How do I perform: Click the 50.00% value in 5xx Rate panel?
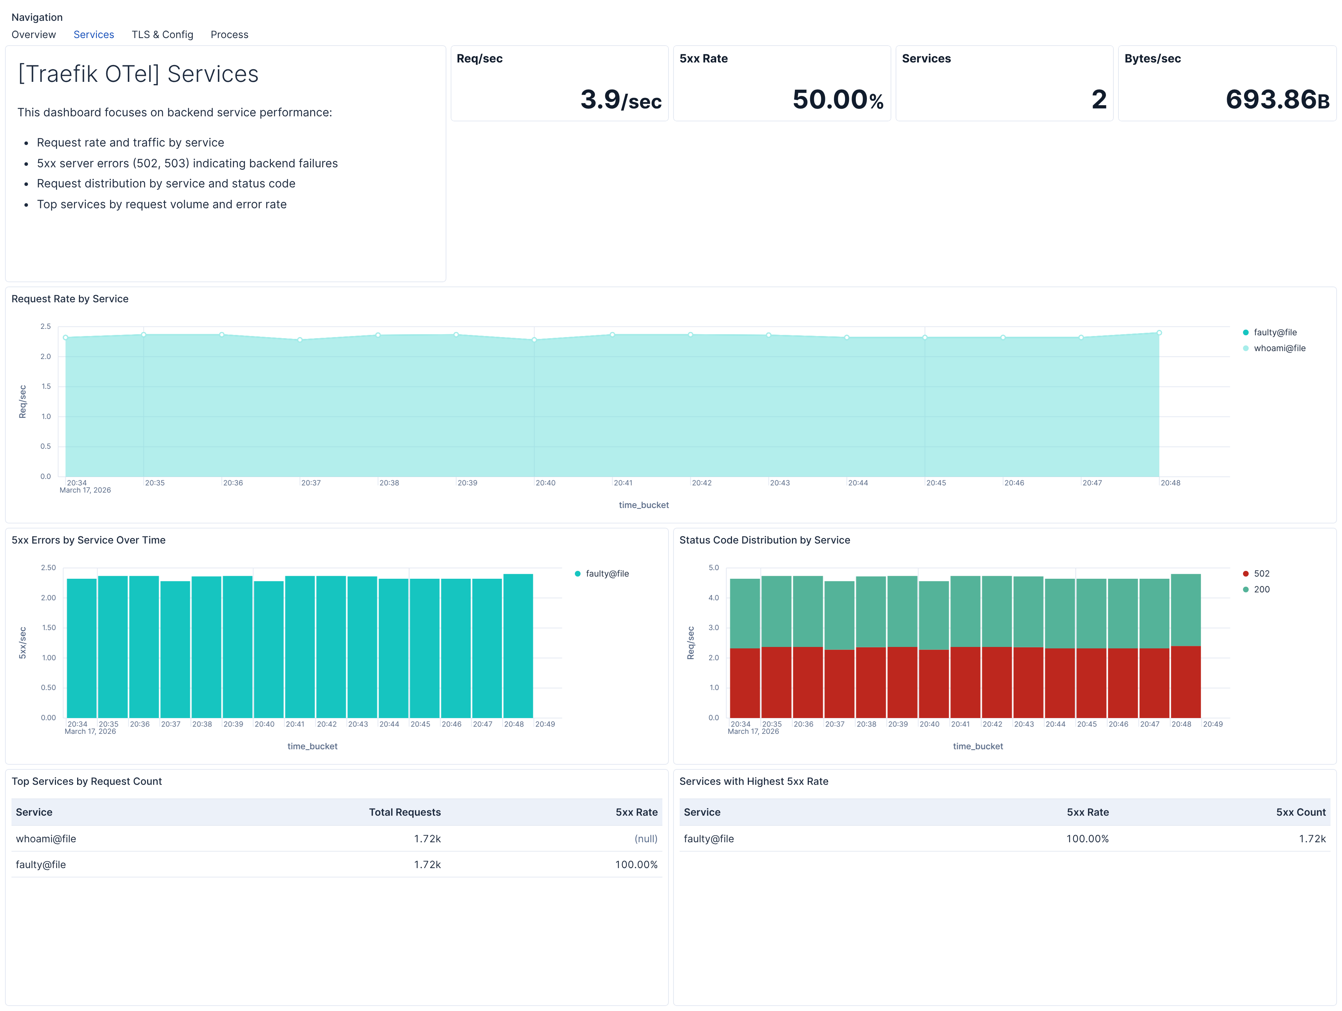pyautogui.click(x=837, y=99)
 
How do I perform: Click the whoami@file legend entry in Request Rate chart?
pyautogui.click(x=1279, y=348)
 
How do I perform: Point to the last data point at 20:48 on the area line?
pyautogui.click(x=1159, y=332)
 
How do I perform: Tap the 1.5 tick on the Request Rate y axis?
pyautogui.click(x=46, y=387)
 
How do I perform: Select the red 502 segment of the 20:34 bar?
pyautogui.click(x=745, y=683)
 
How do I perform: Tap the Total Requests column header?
pyautogui.click(x=405, y=812)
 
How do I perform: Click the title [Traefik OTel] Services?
pyautogui.click(x=138, y=74)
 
